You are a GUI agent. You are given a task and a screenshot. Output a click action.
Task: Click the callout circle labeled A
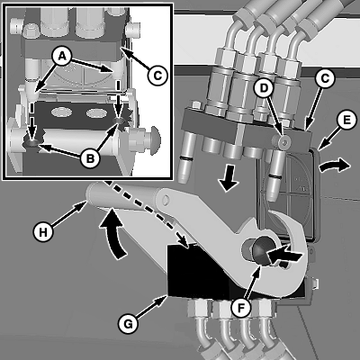tap(62, 58)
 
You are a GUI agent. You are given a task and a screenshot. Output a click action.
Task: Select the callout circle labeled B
tap(90, 157)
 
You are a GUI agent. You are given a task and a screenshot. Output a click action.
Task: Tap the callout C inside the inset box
tap(157, 75)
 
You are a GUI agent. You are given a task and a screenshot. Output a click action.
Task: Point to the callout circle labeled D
tap(264, 89)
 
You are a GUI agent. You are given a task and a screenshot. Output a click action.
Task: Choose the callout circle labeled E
tap(346, 121)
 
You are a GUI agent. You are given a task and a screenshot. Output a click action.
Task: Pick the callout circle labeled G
tap(128, 324)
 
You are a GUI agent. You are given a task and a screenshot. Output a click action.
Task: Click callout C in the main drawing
tap(325, 79)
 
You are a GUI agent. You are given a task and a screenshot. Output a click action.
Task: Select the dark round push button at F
tap(260, 250)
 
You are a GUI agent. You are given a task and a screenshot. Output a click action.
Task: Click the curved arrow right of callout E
tap(335, 166)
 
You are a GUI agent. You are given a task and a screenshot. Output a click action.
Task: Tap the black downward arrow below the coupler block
tap(228, 182)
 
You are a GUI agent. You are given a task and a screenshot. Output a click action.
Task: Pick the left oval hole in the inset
tap(62, 112)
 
